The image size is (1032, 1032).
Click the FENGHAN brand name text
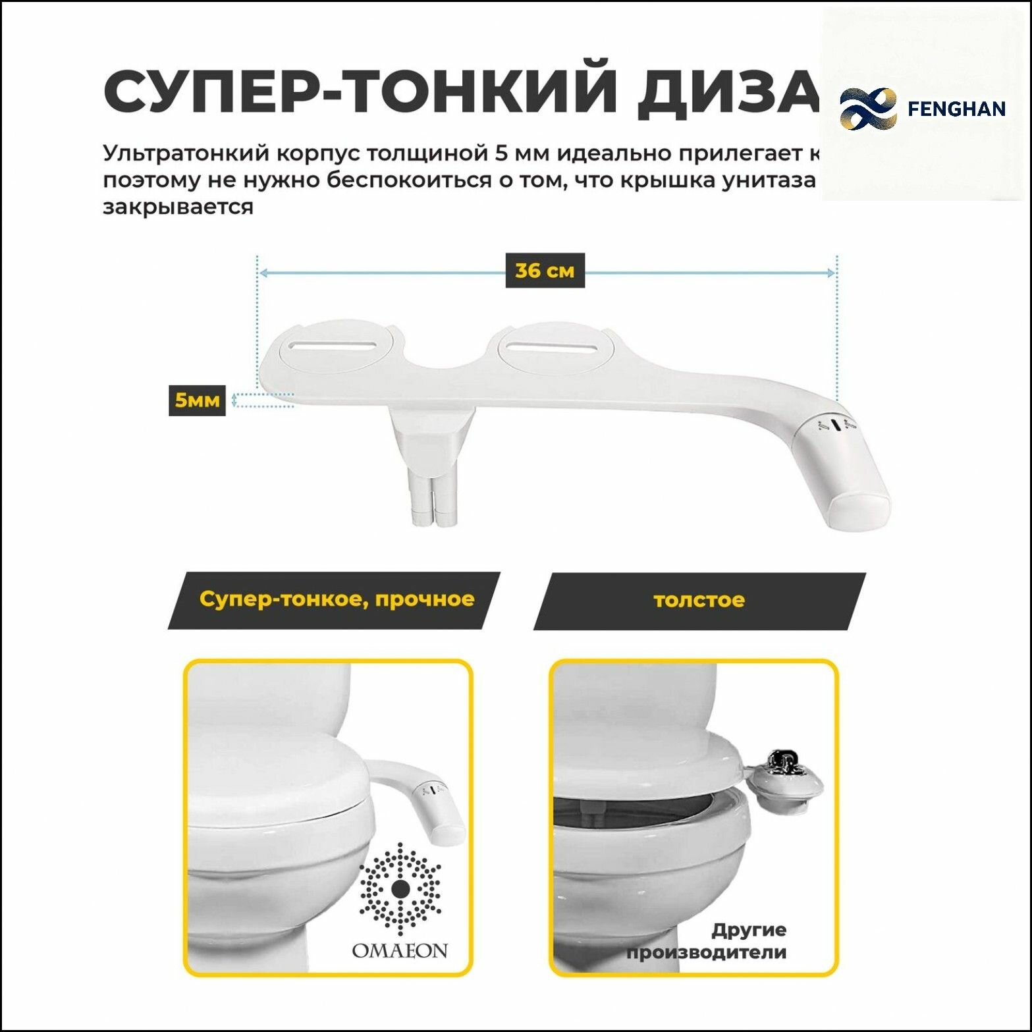[956, 109]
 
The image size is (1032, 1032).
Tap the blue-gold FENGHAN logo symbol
[868, 109]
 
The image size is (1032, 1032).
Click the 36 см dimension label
[545, 271]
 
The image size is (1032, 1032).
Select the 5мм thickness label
[196, 400]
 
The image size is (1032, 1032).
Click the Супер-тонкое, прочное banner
[336, 599]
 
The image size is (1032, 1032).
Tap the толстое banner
[699, 600]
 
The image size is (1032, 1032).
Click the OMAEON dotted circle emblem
[400, 889]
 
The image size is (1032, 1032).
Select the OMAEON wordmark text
[400, 951]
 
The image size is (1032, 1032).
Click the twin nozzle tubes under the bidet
[433, 497]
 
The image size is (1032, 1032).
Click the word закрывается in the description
[178, 207]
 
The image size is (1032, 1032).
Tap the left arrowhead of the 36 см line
[263, 273]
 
